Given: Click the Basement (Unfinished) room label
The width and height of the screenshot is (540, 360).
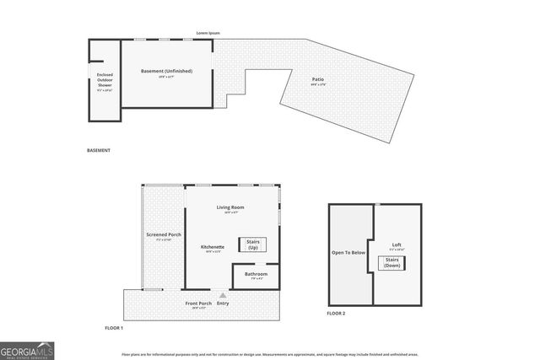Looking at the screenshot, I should point(166,71).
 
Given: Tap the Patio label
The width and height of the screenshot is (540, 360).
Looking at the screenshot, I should point(318,79).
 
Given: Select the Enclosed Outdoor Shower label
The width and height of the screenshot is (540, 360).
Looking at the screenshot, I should point(104,80).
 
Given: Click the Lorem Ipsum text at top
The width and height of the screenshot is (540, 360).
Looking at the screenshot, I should point(208,33).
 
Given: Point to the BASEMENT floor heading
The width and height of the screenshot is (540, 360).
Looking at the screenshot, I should point(99,151).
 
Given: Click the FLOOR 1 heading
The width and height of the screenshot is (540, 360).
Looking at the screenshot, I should point(113,327).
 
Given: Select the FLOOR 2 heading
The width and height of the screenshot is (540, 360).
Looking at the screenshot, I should point(336,314).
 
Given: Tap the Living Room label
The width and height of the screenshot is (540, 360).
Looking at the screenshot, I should point(229,207).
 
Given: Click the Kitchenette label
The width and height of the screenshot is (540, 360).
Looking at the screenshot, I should point(213,247).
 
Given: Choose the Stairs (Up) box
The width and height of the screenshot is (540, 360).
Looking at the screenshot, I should point(253,245).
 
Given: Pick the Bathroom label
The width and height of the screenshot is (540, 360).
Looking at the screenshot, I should point(256,274).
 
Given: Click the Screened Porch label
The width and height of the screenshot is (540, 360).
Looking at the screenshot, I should point(163,234).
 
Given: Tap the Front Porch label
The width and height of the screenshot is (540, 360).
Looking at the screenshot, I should point(198,304).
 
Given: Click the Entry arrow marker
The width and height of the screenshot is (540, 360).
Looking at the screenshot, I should point(223,295).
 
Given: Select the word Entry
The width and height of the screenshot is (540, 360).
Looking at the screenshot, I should point(223,304).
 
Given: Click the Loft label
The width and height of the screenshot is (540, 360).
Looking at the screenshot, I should point(397,245).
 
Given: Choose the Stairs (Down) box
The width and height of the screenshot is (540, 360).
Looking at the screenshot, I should point(392,263).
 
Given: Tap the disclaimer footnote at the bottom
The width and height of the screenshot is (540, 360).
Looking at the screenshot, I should point(270,355).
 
